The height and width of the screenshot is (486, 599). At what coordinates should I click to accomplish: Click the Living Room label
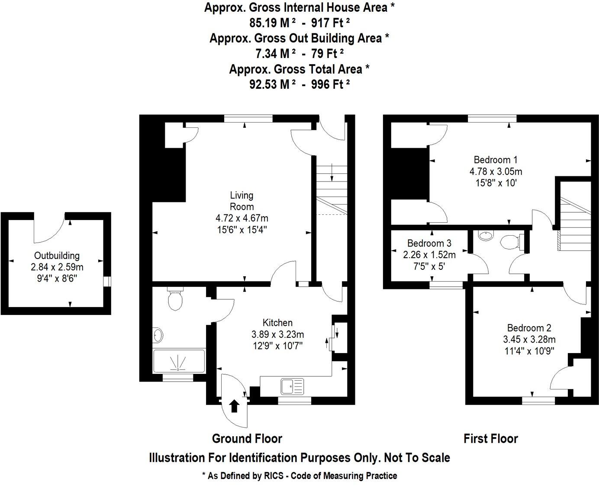point(242,201)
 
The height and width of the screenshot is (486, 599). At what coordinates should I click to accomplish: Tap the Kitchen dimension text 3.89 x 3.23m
point(277,334)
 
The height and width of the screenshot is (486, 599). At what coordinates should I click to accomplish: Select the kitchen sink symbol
point(292,386)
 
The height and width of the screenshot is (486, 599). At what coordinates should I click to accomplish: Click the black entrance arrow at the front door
point(234,406)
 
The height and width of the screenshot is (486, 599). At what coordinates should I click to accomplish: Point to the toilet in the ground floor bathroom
point(175,300)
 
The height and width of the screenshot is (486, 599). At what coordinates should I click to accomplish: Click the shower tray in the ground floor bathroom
point(179,361)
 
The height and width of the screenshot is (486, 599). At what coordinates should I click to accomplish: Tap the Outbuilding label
point(57,256)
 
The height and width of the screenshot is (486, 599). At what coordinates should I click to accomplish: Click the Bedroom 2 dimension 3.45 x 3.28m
point(529,339)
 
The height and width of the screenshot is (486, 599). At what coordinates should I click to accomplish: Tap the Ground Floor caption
point(247,439)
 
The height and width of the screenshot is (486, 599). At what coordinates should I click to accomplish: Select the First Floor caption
point(490,439)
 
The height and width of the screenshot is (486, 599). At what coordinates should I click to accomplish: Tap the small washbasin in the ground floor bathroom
point(158,335)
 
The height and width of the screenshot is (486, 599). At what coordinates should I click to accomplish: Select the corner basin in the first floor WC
point(486,236)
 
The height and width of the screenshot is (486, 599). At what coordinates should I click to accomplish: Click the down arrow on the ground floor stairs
point(332,172)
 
